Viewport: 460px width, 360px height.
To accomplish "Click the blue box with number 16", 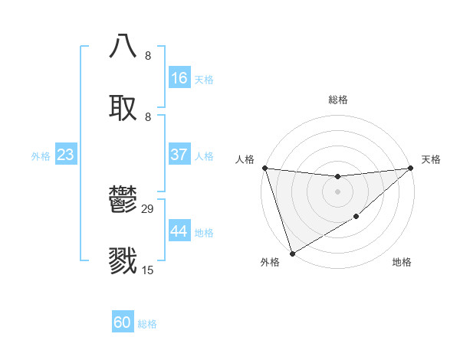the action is pyautogui.click(x=179, y=78).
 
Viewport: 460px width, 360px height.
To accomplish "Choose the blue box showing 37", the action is pyautogui.click(x=179, y=155).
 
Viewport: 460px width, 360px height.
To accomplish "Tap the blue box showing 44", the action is pyautogui.click(x=179, y=231).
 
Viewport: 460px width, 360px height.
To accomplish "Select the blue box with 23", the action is pyautogui.click(x=65, y=155).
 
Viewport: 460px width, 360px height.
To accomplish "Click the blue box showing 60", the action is pyautogui.click(x=123, y=322).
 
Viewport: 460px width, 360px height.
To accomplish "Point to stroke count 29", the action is pyautogui.click(x=148, y=208).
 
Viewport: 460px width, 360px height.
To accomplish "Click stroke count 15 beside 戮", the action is pyautogui.click(x=148, y=270).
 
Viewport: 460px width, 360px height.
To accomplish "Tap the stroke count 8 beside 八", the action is pyautogui.click(x=148, y=55).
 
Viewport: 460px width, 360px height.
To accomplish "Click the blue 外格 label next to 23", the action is pyautogui.click(x=41, y=156).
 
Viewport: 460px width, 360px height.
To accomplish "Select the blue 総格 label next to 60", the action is pyautogui.click(x=147, y=324).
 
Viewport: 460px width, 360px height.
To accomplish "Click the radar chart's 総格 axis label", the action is pyautogui.click(x=337, y=100).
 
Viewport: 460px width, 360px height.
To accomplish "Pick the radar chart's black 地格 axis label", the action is pyautogui.click(x=402, y=263).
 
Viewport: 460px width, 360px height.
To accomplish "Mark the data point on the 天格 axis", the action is pyautogui.click(x=410, y=168).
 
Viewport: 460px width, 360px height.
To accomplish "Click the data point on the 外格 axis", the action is pyautogui.click(x=292, y=253).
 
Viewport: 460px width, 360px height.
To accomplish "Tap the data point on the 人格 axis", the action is pyautogui.click(x=264, y=168).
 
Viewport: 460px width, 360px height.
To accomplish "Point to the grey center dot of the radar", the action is pyautogui.click(x=337, y=191).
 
